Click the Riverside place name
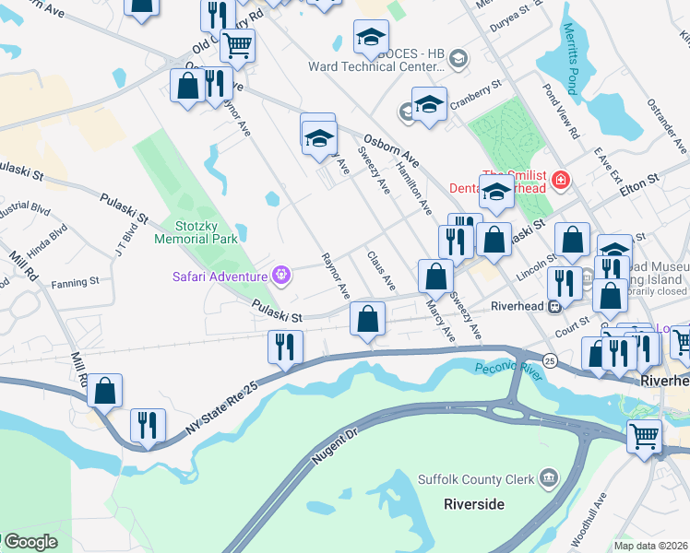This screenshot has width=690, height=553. pos(474,504)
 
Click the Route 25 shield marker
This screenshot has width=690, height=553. pos(550,359)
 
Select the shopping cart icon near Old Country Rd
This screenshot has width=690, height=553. pos(238,44)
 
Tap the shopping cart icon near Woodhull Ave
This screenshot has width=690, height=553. pos(644,435)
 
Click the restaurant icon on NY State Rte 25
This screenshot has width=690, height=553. pos(285,347)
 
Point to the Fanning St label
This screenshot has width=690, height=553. pos(76,283)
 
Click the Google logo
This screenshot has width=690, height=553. pos(30,542)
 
